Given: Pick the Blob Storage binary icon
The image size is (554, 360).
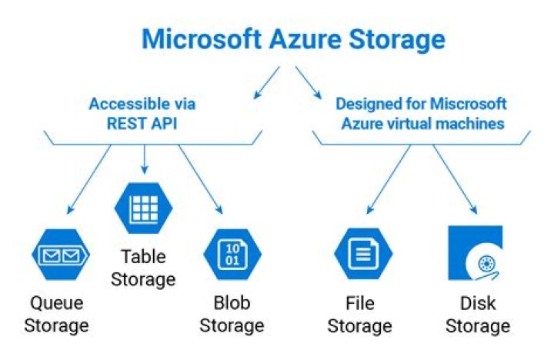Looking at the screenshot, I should pyautogui.click(x=232, y=253).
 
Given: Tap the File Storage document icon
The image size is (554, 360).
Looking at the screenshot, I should pyautogui.click(x=363, y=253).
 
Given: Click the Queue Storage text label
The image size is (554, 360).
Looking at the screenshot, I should pyautogui.click(x=56, y=314).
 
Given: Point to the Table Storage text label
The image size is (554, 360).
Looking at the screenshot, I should pyautogui.click(x=143, y=267).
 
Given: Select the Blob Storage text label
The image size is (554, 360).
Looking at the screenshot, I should pyautogui.click(x=232, y=314).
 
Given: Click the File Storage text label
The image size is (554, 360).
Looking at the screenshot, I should pyautogui.click(x=360, y=314).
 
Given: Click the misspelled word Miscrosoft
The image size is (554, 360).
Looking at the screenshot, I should pyautogui.click(x=472, y=104).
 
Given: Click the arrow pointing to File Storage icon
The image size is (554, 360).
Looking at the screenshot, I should pyautogui.click(x=389, y=178).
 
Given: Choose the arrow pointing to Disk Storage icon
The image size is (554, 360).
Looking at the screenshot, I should pyautogui.click(x=457, y=178).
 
